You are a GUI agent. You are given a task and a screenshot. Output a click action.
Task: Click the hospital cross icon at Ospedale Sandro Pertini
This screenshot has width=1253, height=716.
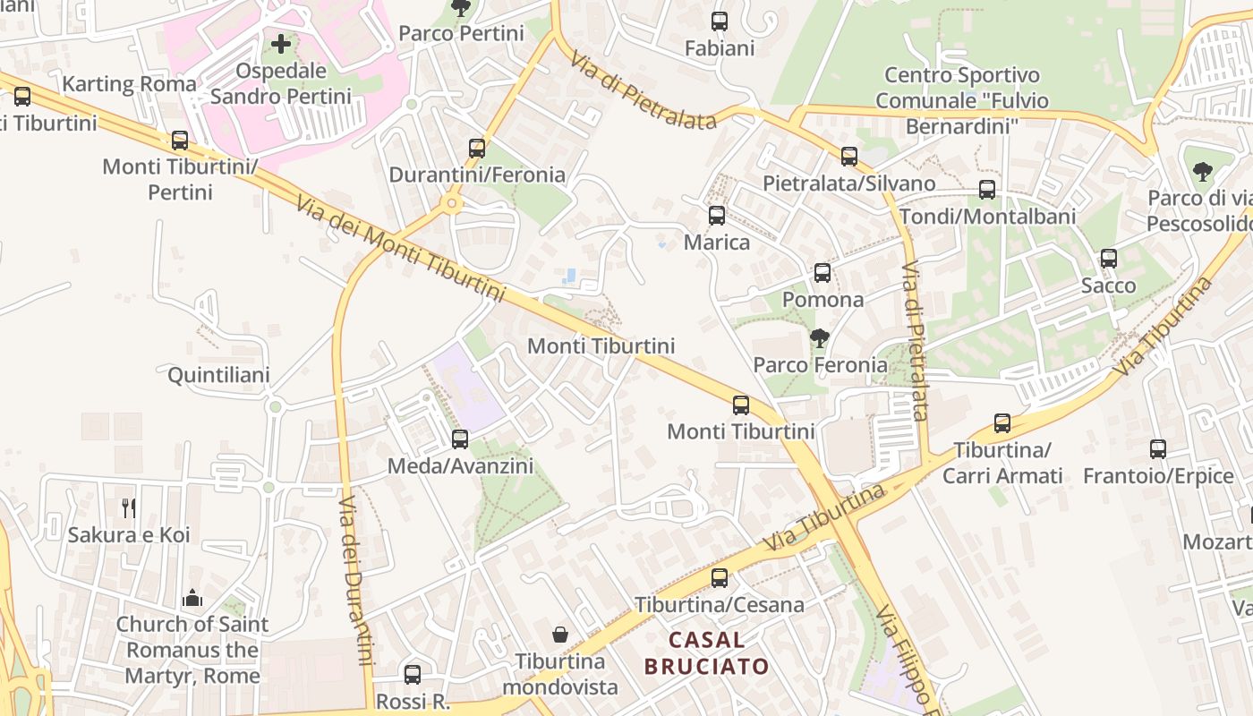(282, 43)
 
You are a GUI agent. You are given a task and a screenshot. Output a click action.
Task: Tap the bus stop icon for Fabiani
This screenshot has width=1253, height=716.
(720, 21)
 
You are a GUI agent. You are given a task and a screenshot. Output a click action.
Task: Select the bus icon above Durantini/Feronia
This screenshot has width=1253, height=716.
(477, 149)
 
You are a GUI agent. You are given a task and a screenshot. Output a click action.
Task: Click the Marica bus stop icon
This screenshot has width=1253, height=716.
(717, 216)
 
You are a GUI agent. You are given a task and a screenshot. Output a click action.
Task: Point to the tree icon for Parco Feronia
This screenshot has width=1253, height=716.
(819, 338)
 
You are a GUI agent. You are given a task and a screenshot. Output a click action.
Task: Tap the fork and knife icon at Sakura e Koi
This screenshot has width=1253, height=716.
(129, 508)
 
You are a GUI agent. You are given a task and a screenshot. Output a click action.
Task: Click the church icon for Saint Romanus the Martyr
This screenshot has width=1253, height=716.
(192, 598)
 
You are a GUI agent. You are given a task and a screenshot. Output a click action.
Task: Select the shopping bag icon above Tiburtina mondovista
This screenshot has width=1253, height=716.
(560, 635)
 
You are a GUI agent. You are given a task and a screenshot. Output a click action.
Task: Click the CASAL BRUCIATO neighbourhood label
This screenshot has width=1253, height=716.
(706, 653)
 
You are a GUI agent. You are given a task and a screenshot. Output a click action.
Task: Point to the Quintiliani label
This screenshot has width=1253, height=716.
(218, 375)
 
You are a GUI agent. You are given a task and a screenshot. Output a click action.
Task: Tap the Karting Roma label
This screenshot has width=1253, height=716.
(129, 84)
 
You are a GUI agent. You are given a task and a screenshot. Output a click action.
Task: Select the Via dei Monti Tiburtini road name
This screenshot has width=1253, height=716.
(400, 248)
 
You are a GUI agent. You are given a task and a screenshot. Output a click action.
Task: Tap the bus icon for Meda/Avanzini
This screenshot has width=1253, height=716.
(460, 439)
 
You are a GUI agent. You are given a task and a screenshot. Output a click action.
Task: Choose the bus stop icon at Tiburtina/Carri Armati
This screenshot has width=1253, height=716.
(1002, 423)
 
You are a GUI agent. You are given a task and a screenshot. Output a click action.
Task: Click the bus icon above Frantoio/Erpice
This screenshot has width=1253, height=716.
(1158, 449)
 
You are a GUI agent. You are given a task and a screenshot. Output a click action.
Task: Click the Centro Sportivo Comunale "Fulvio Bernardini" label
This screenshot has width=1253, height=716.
(961, 100)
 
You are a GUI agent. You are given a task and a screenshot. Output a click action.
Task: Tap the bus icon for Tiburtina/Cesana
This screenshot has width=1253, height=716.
(720, 578)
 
